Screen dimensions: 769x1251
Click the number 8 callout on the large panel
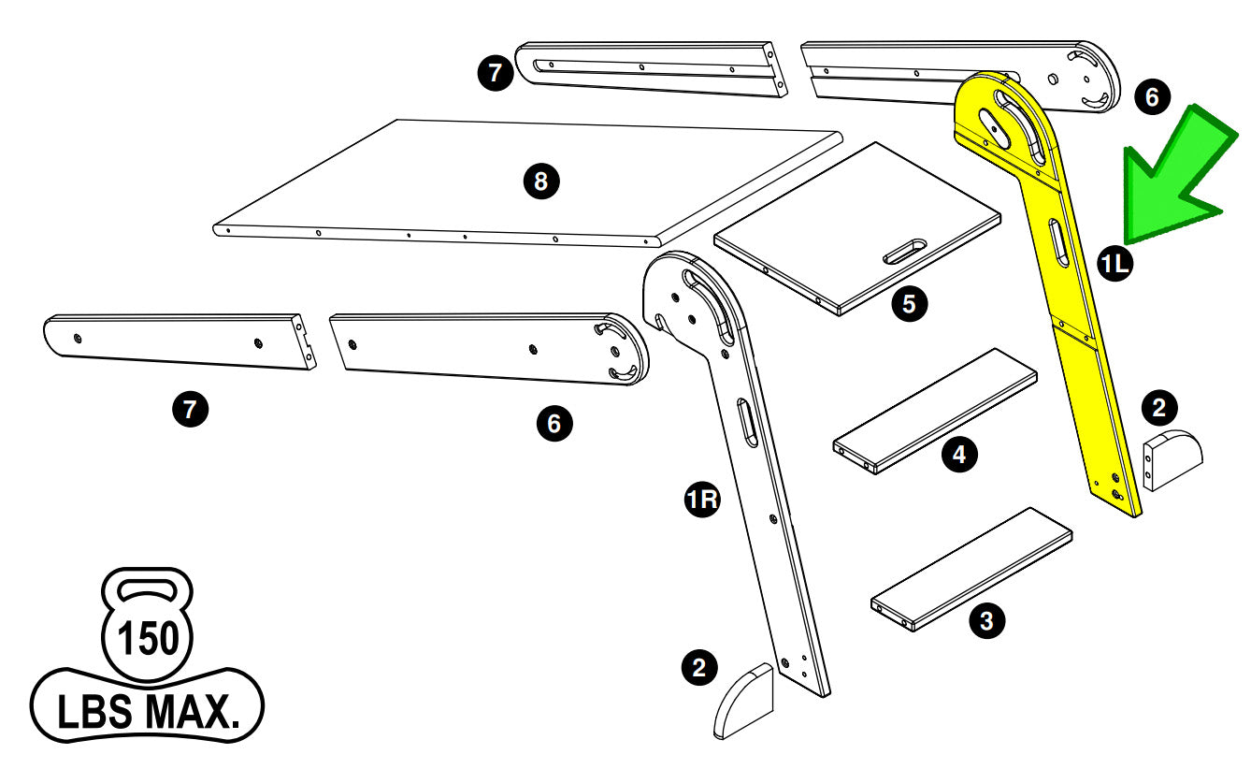tap(540, 181)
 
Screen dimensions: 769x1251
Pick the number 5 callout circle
tap(909, 303)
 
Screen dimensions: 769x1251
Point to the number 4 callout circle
tap(958, 455)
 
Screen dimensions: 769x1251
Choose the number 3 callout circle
tap(986, 619)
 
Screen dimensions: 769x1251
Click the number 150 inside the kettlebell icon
tap(147, 640)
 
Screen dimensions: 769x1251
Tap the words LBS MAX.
tap(147, 711)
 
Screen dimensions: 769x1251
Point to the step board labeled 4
tap(935, 412)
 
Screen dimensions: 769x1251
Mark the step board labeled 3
tap(972, 568)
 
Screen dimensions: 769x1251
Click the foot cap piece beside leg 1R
tap(745, 702)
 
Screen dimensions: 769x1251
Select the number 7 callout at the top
tap(496, 73)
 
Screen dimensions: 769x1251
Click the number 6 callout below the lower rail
tap(554, 424)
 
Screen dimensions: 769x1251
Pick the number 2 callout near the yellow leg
tap(1159, 407)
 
